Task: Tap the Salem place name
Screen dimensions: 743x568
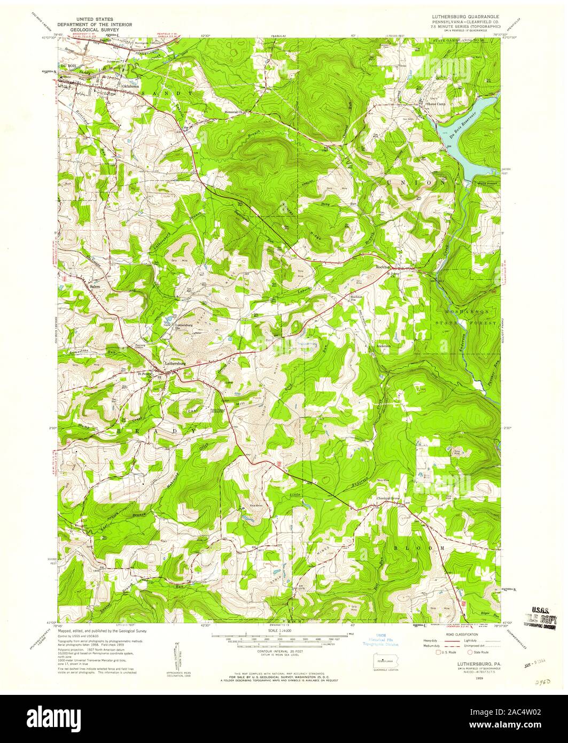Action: (95, 287)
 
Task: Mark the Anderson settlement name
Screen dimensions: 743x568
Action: (384, 346)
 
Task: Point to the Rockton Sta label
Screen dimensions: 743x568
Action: (357, 298)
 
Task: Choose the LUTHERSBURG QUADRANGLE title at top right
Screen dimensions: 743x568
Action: (465, 17)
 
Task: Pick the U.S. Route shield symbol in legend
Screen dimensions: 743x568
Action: (438, 652)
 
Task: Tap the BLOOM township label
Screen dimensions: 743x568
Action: (419, 548)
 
